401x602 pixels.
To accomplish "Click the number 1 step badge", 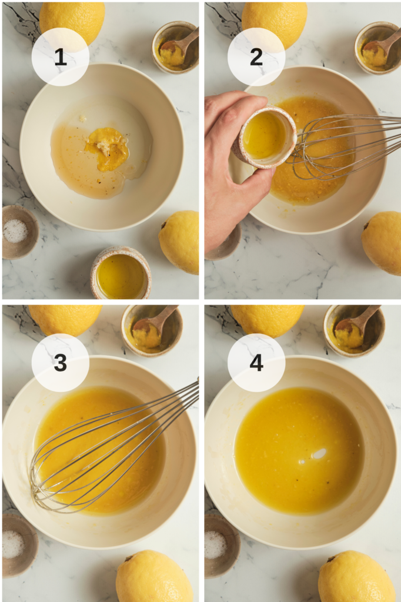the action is pyautogui.click(x=61, y=57).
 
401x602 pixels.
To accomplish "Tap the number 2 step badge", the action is pyautogui.click(x=256, y=57).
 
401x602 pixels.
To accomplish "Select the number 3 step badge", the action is pyautogui.click(x=61, y=362).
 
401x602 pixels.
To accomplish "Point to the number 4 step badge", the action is pyautogui.click(x=256, y=362).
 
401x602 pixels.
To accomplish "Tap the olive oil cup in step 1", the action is pyautogui.click(x=121, y=273).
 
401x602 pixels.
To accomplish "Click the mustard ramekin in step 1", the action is pyautogui.click(x=175, y=47).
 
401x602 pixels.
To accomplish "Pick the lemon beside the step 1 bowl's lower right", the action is pyautogui.click(x=179, y=242).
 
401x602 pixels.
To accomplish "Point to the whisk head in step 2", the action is pyautogui.click(x=326, y=147).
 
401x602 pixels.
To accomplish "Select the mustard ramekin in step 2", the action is pyautogui.click(x=377, y=48).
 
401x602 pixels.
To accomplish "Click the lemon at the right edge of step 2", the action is pyautogui.click(x=382, y=243).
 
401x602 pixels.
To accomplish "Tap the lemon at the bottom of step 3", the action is pyautogui.click(x=155, y=576).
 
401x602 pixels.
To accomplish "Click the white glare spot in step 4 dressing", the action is pyautogui.click(x=319, y=454).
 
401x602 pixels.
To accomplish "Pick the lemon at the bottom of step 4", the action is pyautogui.click(x=356, y=576).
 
